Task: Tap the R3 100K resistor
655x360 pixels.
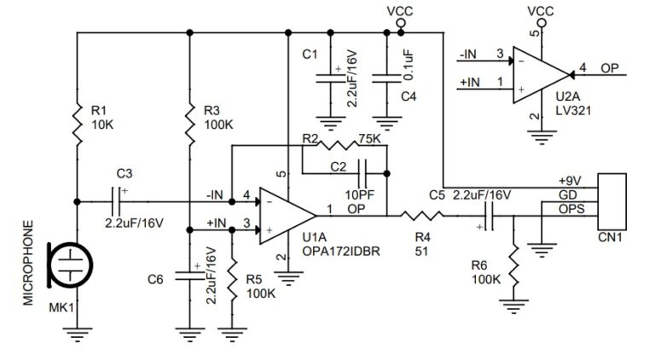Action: (x=189, y=119)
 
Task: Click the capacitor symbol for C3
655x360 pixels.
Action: (x=119, y=201)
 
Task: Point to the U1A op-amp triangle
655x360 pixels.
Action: (x=285, y=213)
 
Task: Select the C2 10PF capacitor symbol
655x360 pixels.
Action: (x=363, y=171)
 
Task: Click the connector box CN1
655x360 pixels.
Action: (x=611, y=200)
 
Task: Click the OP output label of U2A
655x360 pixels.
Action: (x=610, y=67)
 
